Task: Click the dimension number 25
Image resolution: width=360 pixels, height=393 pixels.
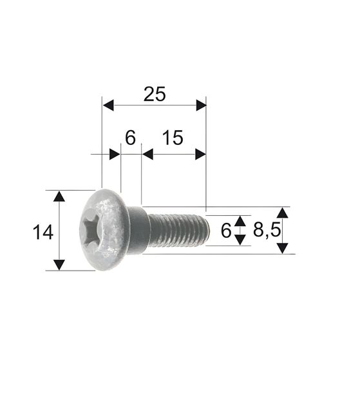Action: pyautogui.click(x=155, y=94)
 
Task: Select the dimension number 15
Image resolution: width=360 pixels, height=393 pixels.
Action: pyautogui.click(x=173, y=138)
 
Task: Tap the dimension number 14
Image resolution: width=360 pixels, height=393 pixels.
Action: pyautogui.click(x=43, y=233)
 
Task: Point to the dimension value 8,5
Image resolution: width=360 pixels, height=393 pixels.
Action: pyautogui.click(x=267, y=230)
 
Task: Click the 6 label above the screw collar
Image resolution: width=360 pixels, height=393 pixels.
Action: pyautogui.click(x=130, y=138)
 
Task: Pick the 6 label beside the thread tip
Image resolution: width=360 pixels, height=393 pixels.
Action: pyautogui.click(x=226, y=231)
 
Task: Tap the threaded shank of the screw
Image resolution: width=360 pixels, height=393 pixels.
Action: pyautogui.click(x=178, y=231)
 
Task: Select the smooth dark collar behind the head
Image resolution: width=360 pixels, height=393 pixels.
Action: pyautogui.click(x=137, y=230)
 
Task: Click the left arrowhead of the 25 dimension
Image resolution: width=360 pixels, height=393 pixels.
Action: pyautogui.click(x=108, y=105)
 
